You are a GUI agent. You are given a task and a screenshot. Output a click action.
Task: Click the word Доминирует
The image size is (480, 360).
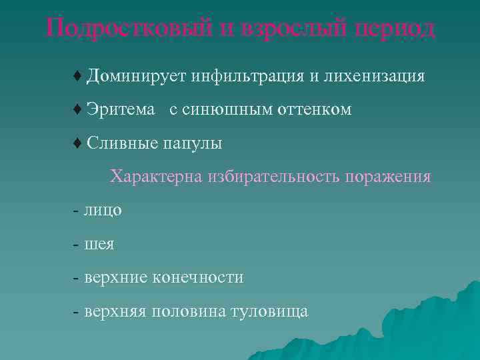136,76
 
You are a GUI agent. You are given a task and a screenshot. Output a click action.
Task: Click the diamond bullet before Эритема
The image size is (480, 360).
77,109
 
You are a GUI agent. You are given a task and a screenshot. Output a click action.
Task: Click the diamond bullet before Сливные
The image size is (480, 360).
77,143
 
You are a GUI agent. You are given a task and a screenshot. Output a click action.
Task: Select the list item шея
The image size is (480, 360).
99,245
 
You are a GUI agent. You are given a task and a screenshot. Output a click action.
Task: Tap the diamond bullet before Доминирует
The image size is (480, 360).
77,76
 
